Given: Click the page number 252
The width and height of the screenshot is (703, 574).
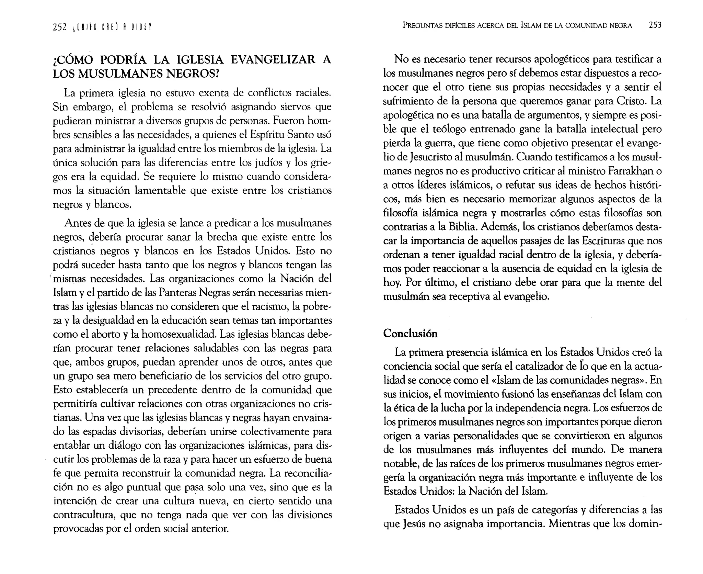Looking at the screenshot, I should [x=59, y=27].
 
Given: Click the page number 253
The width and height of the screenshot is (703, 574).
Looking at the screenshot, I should [x=655, y=25].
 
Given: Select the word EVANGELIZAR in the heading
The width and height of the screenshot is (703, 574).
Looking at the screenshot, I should [x=273, y=60].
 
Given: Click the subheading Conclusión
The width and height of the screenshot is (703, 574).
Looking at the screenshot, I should [x=410, y=334].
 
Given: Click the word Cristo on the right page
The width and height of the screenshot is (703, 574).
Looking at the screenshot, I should [x=631, y=101].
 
